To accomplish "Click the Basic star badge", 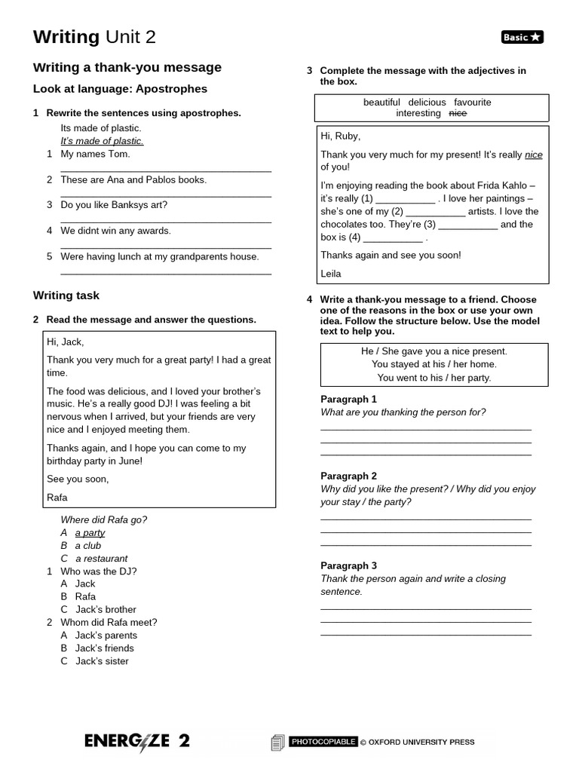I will point(522,37).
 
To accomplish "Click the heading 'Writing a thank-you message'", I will point(127,68).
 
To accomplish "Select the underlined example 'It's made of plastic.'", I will point(102,141).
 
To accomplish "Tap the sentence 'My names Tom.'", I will point(95,154).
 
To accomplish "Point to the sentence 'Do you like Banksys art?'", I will point(114,205).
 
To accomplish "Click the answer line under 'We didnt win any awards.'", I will point(166,247).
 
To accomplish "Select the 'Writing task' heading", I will point(66,296).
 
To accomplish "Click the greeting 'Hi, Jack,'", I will point(66,342).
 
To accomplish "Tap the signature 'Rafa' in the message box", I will point(57,497).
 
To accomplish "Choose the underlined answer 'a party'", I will point(90,533).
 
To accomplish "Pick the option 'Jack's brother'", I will point(106,609).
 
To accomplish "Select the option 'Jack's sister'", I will point(102,661).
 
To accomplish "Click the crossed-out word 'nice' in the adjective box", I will point(458,113).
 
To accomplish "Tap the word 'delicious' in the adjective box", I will point(427,102).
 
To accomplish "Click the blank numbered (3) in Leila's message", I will point(467,225).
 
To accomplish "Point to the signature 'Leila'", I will point(331,274).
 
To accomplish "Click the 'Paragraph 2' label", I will point(348,476).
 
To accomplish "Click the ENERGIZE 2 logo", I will point(137,741).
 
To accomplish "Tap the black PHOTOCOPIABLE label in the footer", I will point(323,742).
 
